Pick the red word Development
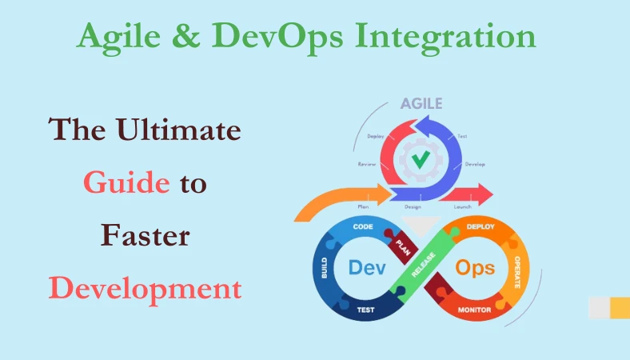click(145, 288)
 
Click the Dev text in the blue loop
click(367, 267)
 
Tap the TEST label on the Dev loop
click(366, 310)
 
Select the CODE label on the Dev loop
click(364, 228)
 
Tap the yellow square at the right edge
click(620, 306)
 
